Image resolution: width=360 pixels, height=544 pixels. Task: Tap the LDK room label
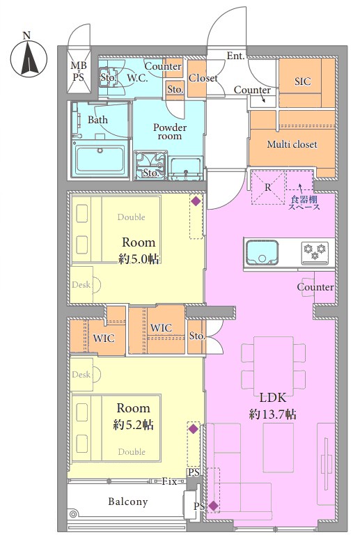pyautogui.click(x=272, y=398)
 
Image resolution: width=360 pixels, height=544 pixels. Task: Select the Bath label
pyautogui.click(x=97, y=120)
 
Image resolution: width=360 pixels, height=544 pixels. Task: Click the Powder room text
pyautogui.click(x=170, y=132)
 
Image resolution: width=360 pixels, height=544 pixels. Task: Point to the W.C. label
pyautogui.click(x=137, y=79)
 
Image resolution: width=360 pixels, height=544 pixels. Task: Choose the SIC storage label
pyautogui.click(x=303, y=81)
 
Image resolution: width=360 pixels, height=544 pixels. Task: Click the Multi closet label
pyautogui.click(x=292, y=144)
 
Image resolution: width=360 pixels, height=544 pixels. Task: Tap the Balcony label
pyautogui.click(x=128, y=502)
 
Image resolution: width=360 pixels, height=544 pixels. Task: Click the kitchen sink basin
pyautogui.click(x=263, y=252)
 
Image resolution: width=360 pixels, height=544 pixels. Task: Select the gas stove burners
pyautogui.click(x=315, y=251)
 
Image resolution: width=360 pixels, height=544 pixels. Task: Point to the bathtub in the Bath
pyautogui.click(x=100, y=159)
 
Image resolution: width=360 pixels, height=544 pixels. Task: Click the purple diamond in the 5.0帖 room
pyautogui.click(x=196, y=201)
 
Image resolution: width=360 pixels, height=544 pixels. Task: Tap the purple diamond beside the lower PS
pyautogui.click(x=213, y=506)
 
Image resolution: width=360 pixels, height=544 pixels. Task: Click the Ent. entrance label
pyautogui.click(x=236, y=56)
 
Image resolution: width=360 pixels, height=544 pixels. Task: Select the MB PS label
pyautogui.click(x=79, y=71)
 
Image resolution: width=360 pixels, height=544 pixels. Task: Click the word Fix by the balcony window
pyautogui.click(x=170, y=481)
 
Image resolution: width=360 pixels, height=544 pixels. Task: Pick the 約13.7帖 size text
pyautogui.click(x=272, y=414)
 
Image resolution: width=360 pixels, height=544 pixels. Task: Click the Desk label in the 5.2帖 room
pyautogui.click(x=81, y=375)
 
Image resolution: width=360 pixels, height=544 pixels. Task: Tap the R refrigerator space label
pyautogui.click(x=268, y=187)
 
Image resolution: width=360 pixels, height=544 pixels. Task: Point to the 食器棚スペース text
pyautogui.click(x=304, y=203)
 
